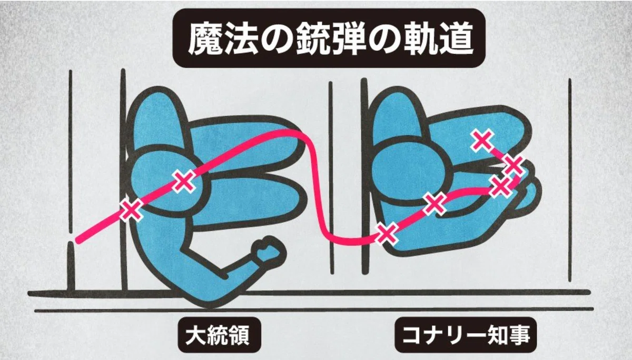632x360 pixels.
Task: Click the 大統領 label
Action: click(218, 335)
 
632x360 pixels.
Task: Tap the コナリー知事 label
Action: click(466, 335)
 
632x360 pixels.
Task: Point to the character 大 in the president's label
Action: click(195, 335)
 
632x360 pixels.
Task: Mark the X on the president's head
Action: click(184, 181)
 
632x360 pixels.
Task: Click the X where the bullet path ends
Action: click(483, 141)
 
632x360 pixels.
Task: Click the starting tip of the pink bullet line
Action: click(78, 241)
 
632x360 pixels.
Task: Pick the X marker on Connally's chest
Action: click(435, 203)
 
